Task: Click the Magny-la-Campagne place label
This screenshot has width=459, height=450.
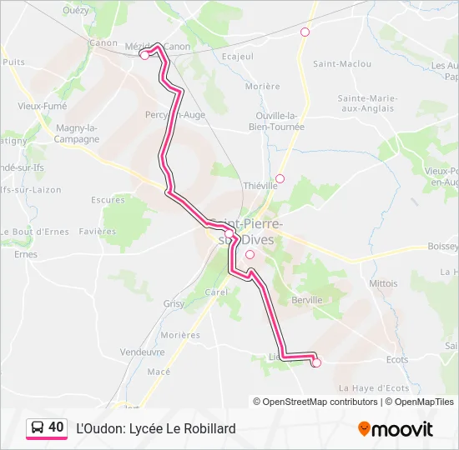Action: coord(78,133)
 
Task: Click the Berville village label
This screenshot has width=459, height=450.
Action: coord(307,300)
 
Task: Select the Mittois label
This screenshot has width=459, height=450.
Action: coord(383,283)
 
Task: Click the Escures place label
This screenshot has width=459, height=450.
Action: coord(108,200)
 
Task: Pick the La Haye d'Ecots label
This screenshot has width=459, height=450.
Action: coord(373,387)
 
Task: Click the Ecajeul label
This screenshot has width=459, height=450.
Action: coord(238,57)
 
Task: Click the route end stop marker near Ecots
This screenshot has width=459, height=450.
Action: coord(316,362)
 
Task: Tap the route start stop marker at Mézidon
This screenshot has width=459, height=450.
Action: coord(144,55)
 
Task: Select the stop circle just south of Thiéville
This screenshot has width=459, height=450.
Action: coord(280,178)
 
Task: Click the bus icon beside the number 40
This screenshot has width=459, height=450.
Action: coord(38,427)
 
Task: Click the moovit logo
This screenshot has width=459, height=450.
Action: coord(396,429)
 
